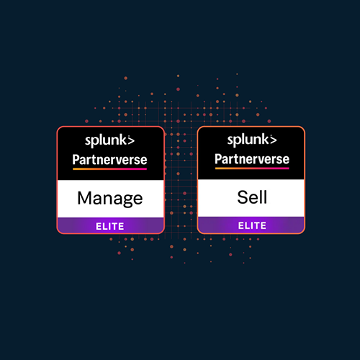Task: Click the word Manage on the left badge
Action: [110, 199]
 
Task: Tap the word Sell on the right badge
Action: [252, 197]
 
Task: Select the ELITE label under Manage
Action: [110, 226]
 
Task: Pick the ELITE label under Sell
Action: [252, 225]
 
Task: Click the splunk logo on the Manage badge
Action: [109, 140]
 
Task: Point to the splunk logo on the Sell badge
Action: [252, 140]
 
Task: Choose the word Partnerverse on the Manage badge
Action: [109, 160]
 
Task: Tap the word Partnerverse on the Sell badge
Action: [252, 159]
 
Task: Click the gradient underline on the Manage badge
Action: [109, 169]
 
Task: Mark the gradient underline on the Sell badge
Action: [252, 168]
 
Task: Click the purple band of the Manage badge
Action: [111, 225]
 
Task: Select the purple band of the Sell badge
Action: [251, 225]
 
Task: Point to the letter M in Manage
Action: [84, 198]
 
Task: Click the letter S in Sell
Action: [243, 197]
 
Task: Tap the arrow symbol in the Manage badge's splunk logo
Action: [130, 140]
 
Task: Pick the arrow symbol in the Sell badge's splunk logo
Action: [273, 140]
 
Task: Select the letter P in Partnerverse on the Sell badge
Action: [218, 159]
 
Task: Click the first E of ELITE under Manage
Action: [98, 226]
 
